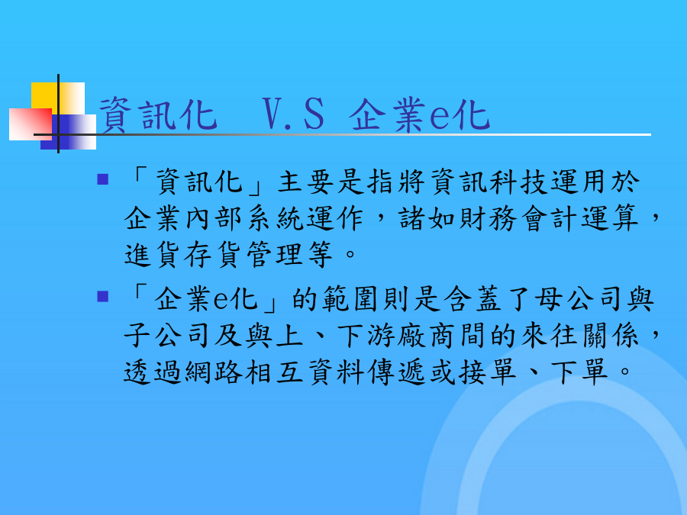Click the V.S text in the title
pyautogui.click(x=293, y=114)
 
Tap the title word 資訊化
pyautogui.click(x=158, y=114)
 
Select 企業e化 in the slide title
pyautogui.click(x=419, y=114)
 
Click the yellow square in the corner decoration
pyautogui.click(x=58, y=98)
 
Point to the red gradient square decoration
pyautogui.click(x=31, y=124)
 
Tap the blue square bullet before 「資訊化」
pyautogui.click(x=102, y=179)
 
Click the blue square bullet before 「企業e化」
pyautogui.click(x=102, y=297)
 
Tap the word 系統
pyautogui.click(x=275, y=218)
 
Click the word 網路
pyautogui.click(x=214, y=372)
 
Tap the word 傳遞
pyautogui.click(x=397, y=372)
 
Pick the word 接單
pyautogui.click(x=488, y=372)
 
